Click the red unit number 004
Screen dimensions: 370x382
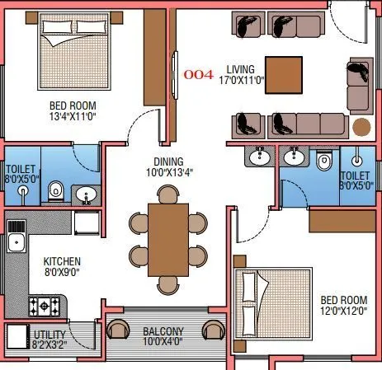pyautogui.click(x=199, y=74)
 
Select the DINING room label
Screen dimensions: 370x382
pyautogui.click(x=167, y=162)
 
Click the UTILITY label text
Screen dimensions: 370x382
pyautogui.click(x=49, y=334)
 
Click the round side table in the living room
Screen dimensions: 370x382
pyautogui.click(x=361, y=127)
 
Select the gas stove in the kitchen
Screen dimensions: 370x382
pyautogui.click(x=43, y=307)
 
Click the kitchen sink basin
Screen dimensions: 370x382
pyautogui.click(x=16, y=243)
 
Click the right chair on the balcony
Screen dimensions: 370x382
pyautogui.click(x=213, y=330)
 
